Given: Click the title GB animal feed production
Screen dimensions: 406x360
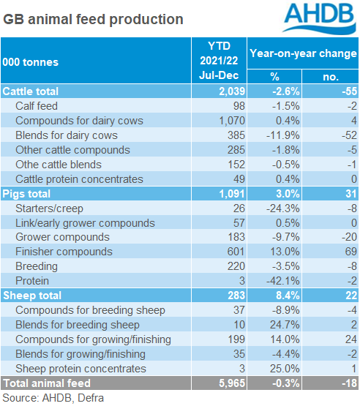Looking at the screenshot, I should click(x=93, y=18).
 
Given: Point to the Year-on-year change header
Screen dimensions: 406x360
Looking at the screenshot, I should click(x=303, y=53).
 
